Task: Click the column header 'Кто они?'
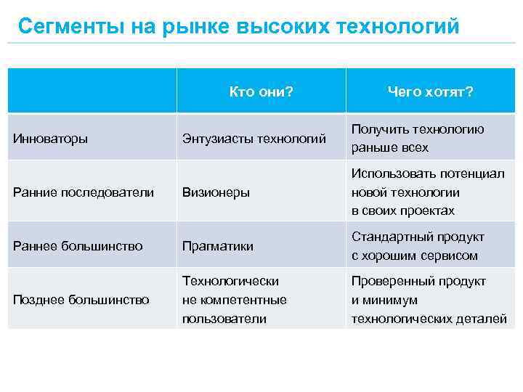click(261, 91)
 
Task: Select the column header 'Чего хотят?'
click(430, 91)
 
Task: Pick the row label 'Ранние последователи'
click(84, 192)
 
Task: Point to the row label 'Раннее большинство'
click(78, 246)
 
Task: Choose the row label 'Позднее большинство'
click(81, 300)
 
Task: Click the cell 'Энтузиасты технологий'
click(254, 138)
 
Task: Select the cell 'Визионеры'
click(216, 192)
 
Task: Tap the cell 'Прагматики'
click(217, 246)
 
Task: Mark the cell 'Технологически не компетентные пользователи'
click(235, 300)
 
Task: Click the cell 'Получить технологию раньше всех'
click(418, 138)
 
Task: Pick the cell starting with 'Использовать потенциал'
click(428, 192)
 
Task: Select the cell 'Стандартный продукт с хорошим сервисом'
click(418, 246)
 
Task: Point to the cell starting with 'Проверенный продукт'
click(429, 300)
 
